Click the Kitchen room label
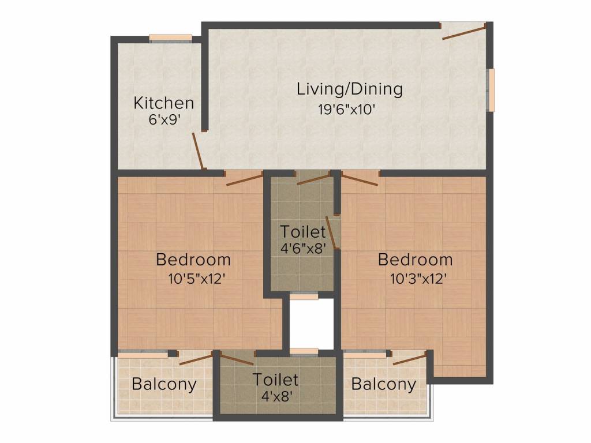(163, 103)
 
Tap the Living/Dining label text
(349, 89)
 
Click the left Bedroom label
(193, 260)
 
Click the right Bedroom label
(415, 260)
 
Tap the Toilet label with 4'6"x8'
(303, 232)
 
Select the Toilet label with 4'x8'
(275, 380)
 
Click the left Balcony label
(164, 384)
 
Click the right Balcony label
(383, 384)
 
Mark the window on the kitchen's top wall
(171, 38)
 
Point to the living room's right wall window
(491, 89)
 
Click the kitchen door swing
(198, 151)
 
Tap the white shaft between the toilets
(312, 323)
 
